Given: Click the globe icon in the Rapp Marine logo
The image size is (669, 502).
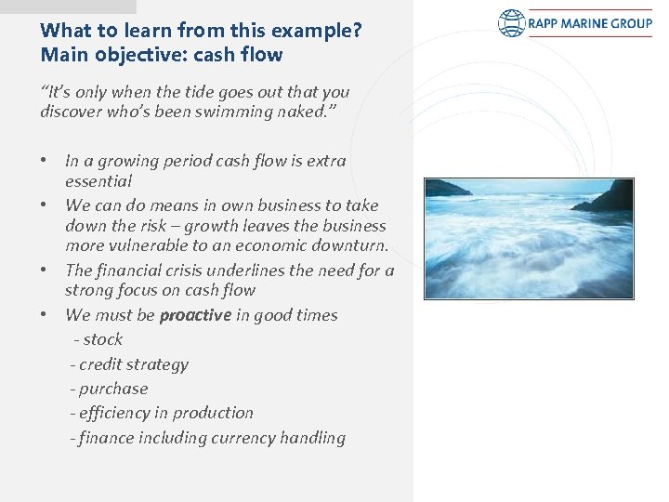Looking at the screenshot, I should (512, 23).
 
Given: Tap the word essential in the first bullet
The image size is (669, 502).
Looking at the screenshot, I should (98, 181).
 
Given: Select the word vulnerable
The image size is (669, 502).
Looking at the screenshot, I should (150, 246).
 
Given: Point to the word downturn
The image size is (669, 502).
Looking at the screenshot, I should (352, 246).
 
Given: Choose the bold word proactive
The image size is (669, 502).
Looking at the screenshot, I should (195, 315).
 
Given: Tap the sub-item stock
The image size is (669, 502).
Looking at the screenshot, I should (101, 339).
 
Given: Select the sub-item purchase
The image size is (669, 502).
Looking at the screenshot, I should (112, 389).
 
